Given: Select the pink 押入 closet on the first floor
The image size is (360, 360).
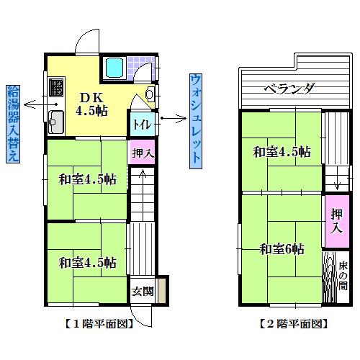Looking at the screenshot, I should tap(143, 152).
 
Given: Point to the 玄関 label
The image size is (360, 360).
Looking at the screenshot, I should tap(142, 292).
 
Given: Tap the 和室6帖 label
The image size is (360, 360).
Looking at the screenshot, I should tap(282, 249).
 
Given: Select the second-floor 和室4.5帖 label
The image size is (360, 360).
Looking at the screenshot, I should tap(281, 153).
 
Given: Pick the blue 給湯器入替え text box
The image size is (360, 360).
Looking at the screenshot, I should tap(12, 124).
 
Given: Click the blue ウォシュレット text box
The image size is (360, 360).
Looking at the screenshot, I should tap(195, 120).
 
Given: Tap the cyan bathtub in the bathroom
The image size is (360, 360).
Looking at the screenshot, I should tap(115, 68).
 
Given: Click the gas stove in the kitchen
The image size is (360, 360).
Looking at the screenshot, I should tap(56, 89).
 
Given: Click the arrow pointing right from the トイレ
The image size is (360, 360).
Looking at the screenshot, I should tap(171, 117).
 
